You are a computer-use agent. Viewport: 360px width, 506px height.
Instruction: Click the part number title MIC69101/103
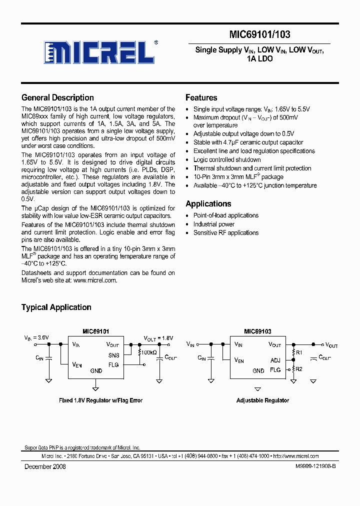[x=260, y=34]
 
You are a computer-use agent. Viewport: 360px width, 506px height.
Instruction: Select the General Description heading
[x=57, y=97]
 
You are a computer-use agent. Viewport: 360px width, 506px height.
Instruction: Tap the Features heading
[x=201, y=97]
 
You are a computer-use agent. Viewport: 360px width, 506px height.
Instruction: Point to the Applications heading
[x=208, y=203]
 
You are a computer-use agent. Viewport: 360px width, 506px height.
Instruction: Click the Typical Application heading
[x=56, y=307]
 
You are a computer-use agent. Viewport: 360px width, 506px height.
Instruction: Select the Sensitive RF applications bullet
[x=226, y=232]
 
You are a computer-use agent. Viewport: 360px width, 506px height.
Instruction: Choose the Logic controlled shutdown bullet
[x=227, y=159]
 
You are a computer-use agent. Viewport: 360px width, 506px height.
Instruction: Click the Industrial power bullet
[x=214, y=224]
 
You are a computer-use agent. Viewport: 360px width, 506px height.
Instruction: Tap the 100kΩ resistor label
[x=148, y=353]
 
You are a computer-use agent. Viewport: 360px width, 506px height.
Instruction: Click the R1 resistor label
[x=299, y=353]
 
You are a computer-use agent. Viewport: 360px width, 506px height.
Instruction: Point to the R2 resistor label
[x=299, y=369]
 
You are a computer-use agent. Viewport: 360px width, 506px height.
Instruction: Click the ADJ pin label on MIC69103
[x=275, y=360]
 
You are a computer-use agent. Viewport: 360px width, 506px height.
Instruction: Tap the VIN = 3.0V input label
[x=36, y=338]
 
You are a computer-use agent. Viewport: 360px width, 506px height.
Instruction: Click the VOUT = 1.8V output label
[x=158, y=338]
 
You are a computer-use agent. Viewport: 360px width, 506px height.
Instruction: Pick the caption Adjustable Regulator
[x=262, y=400]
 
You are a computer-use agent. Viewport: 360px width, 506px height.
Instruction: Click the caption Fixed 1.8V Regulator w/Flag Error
[x=100, y=400]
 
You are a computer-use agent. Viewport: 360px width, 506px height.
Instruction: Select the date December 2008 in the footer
[x=45, y=466]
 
